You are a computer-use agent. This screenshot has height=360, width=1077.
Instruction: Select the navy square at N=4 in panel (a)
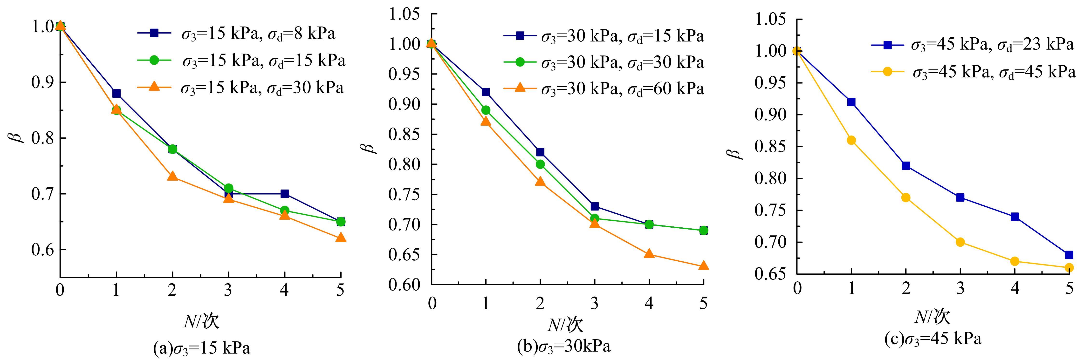pos(285,194)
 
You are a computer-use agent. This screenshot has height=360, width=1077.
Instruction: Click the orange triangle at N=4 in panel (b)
pos(649,254)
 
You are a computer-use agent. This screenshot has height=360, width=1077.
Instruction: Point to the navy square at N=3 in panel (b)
pos(595,206)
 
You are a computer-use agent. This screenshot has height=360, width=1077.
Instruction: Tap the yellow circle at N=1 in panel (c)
pos(851,140)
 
